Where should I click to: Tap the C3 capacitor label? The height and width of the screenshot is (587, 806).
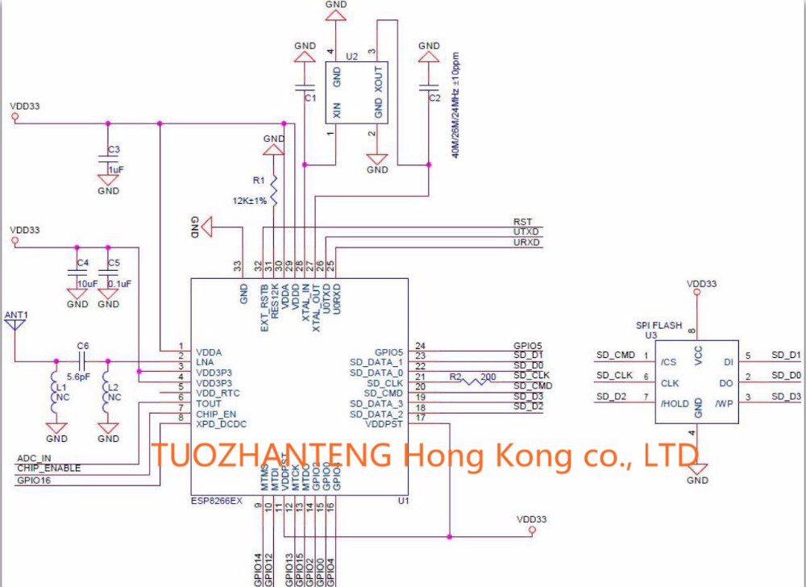tap(114, 150)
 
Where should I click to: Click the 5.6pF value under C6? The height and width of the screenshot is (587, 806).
tap(77, 377)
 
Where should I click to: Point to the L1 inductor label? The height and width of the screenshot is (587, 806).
tap(61, 388)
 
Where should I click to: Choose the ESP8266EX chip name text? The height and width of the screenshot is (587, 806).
tap(215, 501)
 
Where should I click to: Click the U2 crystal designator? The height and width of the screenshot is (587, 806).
tap(351, 56)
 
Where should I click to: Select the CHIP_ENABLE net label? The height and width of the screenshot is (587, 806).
tap(48, 468)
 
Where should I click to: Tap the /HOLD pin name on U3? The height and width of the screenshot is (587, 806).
tap(675, 404)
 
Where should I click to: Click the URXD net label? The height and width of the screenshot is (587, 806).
tap(527, 243)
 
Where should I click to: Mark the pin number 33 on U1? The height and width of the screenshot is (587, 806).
tap(238, 264)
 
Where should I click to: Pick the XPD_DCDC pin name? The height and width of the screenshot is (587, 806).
tap(220, 423)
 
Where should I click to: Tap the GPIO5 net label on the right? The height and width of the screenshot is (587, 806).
tap(528, 345)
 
